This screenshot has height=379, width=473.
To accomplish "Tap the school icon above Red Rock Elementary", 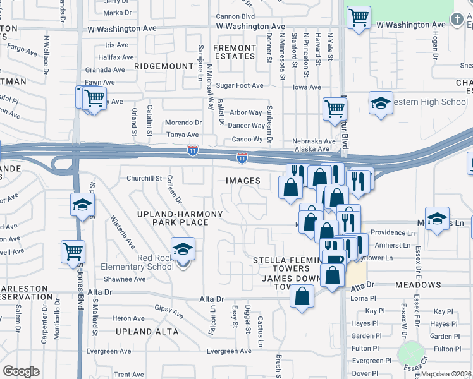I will coord(183,249).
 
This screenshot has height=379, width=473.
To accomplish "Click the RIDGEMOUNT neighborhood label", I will coord(164,66).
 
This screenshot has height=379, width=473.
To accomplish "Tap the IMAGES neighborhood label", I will coord(243,181).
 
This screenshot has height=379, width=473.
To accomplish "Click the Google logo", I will coord(21,371).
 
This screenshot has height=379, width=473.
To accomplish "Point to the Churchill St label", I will coord(145,178).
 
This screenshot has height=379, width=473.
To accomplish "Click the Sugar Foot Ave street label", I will coord(240,85).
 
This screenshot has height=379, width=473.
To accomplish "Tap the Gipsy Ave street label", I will coord(169,311).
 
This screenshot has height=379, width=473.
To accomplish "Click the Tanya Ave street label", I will coord(182,135).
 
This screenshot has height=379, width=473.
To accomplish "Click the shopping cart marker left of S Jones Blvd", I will coord(73,251).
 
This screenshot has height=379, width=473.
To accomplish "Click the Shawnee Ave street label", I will coord(125,279).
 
